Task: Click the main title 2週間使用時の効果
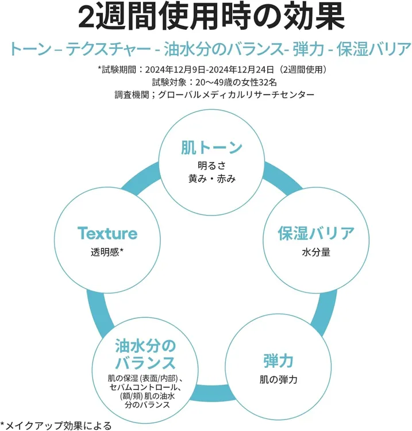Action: pos(211,17)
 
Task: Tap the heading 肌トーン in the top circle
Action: pos(211,148)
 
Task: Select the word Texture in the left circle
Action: pos(107,233)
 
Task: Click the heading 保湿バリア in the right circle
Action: pos(316,233)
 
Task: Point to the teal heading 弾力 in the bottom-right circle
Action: pos(279,361)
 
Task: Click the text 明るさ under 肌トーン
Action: pos(211,166)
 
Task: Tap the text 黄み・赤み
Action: pos(211,179)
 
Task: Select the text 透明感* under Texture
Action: pos(107,252)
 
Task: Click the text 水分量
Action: pos(316,252)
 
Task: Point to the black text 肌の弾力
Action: pos(279,380)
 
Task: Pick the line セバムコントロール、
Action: pos(145,387)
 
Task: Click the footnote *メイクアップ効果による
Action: pos(56,425)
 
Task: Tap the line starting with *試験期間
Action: pos(213,70)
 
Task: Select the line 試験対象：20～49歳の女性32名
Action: pos(214,82)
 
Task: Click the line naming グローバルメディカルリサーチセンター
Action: pos(214,95)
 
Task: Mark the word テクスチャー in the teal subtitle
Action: pos(109,49)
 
